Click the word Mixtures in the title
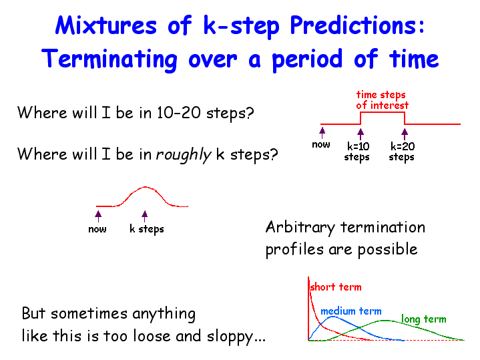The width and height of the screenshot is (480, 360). (106, 25)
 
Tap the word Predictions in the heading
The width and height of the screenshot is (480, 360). (357, 26)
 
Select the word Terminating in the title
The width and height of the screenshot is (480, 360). (109, 59)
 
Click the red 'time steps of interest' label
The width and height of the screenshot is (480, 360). (382, 100)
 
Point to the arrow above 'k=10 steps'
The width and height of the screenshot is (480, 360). (361, 134)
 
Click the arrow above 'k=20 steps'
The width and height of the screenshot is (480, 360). (405, 134)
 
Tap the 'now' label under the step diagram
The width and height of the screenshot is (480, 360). (321, 144)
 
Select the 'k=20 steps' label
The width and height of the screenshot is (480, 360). (403, 152)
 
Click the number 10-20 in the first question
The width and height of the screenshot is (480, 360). (179, 113)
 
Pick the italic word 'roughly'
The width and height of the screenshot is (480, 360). (184, 154)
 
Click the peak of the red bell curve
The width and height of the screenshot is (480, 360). (145, 186)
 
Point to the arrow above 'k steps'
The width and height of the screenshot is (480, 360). (145, 216)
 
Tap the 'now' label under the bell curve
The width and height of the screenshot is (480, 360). (97, 229)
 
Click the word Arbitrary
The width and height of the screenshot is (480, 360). (300, 228)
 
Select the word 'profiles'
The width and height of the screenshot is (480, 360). (294, 248)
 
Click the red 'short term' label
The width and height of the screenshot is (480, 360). (336, 287)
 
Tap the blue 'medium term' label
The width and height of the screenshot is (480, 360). (351, 311)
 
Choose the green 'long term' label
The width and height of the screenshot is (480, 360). (424, 319)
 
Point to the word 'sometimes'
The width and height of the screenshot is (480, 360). (89, 313)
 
